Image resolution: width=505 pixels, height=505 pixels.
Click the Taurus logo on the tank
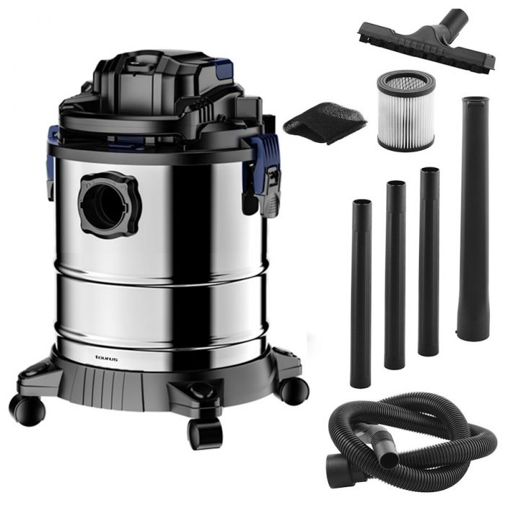[x=106, y=359]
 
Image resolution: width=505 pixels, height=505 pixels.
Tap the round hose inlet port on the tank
[x=110, y=205]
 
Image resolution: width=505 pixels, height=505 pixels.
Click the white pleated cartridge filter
[x=406, y=110]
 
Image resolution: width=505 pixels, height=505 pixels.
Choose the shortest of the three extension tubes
[x=361, y=293]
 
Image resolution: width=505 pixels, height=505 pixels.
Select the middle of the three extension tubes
[x=395, y=275]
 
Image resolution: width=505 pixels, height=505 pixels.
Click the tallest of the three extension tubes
[x=429, y=261]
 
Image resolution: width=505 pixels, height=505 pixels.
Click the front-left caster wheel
[x=27, y=410]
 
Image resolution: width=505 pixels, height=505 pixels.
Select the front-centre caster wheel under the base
[x=206, y=433]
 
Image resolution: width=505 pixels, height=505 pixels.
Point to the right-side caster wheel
[x=294, y=391]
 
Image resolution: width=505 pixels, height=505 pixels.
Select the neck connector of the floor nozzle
[x=454, y=20]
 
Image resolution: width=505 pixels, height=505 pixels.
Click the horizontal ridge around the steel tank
[x=161, y=280]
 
